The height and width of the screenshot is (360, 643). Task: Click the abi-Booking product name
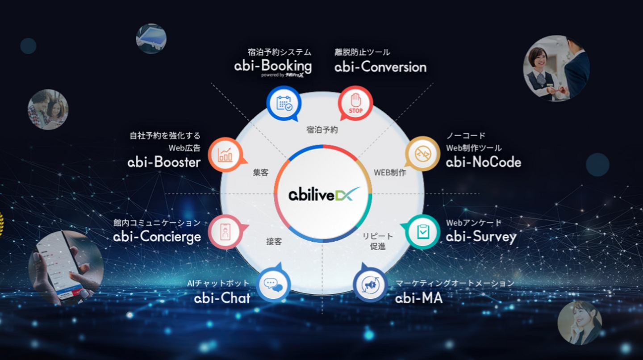[x=273, y=67]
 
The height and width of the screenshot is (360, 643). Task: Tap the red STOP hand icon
[x=355, y=104]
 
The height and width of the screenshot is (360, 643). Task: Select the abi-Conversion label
[x=380, y=67]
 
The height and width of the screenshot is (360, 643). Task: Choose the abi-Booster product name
[x=164, y=162]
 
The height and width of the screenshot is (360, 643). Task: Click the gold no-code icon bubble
[x=422, y=154]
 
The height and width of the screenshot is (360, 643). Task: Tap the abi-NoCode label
[x=483, y=162]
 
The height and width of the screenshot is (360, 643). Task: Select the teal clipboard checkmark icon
[x=422, y=231]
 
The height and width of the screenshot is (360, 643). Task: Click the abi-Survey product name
[x=481, y=237]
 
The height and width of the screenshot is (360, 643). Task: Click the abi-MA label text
[x=419, y=298]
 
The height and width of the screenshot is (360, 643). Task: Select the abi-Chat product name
[x=222, y=298]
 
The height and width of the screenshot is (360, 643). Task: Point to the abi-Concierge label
[x=157, y=236]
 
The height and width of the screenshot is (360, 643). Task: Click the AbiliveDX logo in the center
[x=323, y=195]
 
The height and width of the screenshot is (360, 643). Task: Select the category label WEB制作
[x=389, y=172]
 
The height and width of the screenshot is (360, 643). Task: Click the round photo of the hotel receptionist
[x=556, y=68]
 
